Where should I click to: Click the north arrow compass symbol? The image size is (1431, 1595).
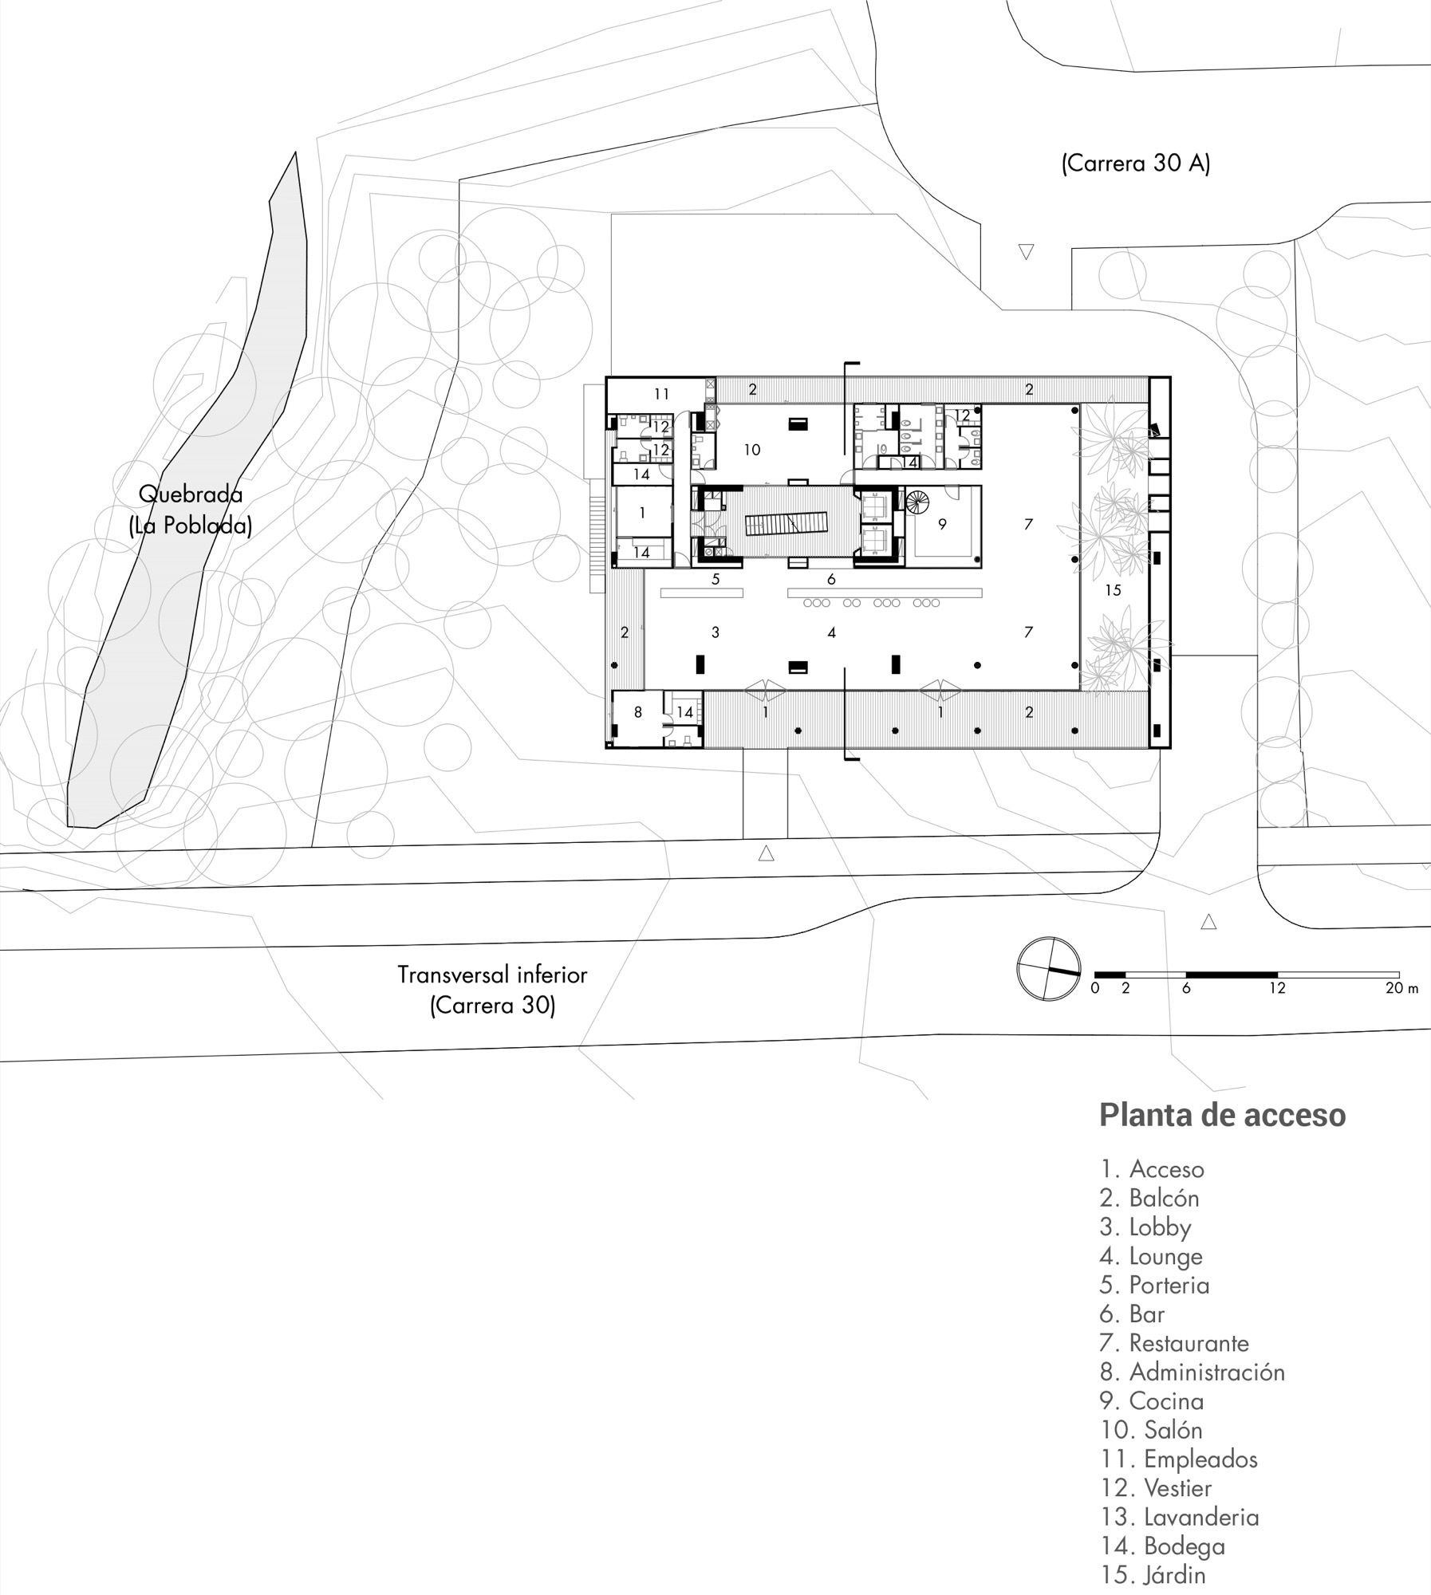pos(1048,969)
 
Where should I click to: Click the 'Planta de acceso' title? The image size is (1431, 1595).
pos(1223,1115)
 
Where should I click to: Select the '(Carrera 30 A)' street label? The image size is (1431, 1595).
pos(1135,163)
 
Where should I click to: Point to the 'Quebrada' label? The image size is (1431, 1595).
pos(191,494)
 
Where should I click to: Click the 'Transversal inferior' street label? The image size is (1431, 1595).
pos(492,975)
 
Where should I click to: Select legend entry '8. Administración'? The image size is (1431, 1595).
pos(1192,1372)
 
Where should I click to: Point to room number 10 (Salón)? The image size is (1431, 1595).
pos(751,450)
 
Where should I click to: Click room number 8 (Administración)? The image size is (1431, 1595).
pos(637,712)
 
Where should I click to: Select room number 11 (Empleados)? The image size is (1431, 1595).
pos(661,394)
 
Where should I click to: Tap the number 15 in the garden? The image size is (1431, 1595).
pos(1113,590)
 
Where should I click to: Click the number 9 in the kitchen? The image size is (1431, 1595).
pos(942,525)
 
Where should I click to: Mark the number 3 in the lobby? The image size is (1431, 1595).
pos(715,632)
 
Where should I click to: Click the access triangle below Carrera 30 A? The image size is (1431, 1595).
pos(1027,252)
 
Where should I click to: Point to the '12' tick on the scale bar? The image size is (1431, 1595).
pos(1277,988)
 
